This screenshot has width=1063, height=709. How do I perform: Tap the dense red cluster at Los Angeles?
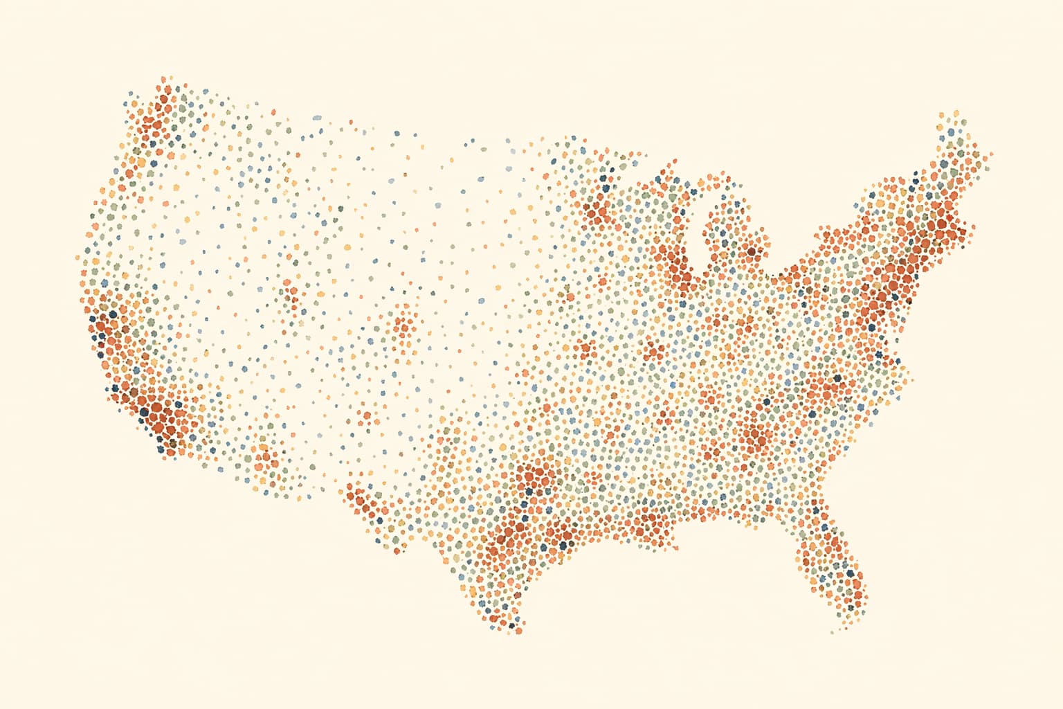click(158, 415)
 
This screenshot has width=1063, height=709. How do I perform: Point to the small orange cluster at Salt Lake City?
click(291, 298)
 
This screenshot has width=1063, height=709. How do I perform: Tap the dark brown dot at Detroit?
click(752, 251)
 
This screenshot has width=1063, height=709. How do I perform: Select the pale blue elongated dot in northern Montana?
click(317, 118)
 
